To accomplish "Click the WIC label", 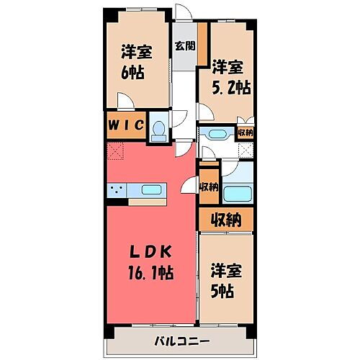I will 126,126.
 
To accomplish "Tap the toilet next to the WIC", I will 160,127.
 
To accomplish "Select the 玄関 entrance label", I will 184,45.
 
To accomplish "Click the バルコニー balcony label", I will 179,340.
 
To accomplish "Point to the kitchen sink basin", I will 151,191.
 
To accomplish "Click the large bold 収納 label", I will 225,218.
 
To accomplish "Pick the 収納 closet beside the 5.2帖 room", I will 246,132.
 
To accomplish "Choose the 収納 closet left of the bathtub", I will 208,187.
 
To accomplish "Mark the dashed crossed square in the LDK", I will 115,151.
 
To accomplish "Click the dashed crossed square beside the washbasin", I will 246,150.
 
